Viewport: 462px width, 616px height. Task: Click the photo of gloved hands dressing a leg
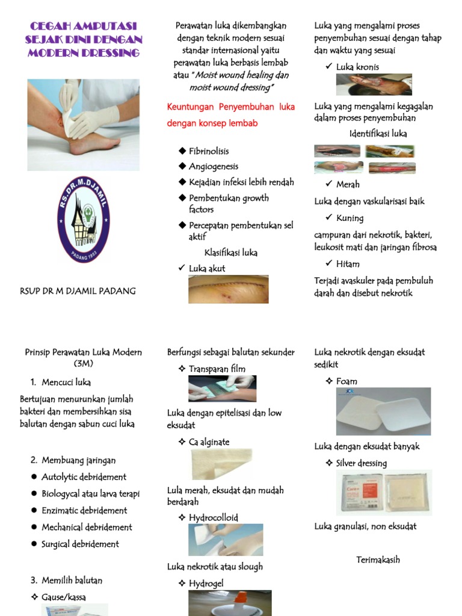(x=83, y=125)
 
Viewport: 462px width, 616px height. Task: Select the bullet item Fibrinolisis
(x=209, y=151)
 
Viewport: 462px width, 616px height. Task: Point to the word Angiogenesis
(x=214, y=167)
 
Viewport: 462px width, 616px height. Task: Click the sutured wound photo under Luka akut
(x=228, y=289)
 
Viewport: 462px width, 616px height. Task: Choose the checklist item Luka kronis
(x=357, y=67)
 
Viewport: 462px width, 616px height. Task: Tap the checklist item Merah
(x=348, y=185)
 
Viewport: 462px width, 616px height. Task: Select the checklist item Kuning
(x=350, y=218)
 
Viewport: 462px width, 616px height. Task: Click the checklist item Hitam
(x=348, y=264)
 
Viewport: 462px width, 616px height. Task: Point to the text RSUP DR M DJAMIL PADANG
(x=78, y=291)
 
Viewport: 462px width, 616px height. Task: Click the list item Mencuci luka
(x=66, y=382)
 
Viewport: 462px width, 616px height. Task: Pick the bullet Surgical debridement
(x=80, y=544)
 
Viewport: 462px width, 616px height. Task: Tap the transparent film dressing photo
(x=222, y=389)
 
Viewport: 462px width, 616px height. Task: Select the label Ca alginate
(x=209, y=442)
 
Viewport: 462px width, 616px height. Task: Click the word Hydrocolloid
(x=213, y=517)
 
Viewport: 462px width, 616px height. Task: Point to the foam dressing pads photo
(x=383, y=411)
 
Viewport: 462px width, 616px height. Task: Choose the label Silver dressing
(x=361, y=463)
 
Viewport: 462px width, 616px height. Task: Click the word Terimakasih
(x=378, y=560)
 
